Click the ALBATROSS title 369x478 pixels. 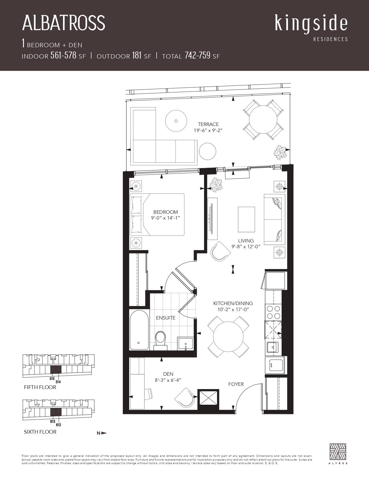[64, 23]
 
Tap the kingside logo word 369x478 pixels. [311, 24]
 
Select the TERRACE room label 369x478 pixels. [208, 124]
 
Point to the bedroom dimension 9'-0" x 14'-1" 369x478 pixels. [166, 218]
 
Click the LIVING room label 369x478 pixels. [246, 241]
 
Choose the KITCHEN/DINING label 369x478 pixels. [233, 303]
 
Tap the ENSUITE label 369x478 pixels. [166, 318]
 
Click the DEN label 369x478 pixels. [168, 374]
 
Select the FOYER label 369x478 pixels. [236, 384]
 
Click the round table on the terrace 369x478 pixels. [263, 120]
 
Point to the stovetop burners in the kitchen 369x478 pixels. [273, 312]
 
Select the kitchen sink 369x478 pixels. [273, 347]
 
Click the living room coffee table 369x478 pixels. [246, 219]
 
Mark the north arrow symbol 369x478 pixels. [102, 433]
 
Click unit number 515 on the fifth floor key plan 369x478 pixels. [52, 379]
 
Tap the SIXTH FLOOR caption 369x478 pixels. [40, 432]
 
